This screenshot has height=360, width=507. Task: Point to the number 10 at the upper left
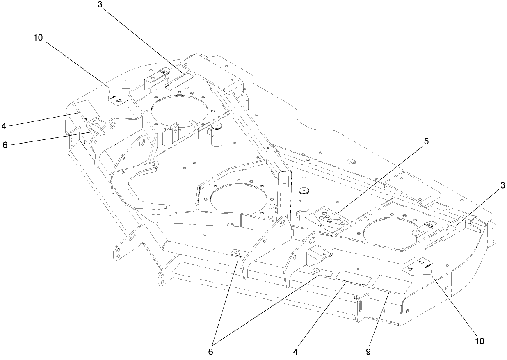coord(37,37)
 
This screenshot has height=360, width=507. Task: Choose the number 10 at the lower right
coord(480,341)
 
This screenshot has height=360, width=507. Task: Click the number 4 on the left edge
coord(4,126)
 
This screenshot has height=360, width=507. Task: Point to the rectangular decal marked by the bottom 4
coord(353,278)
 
